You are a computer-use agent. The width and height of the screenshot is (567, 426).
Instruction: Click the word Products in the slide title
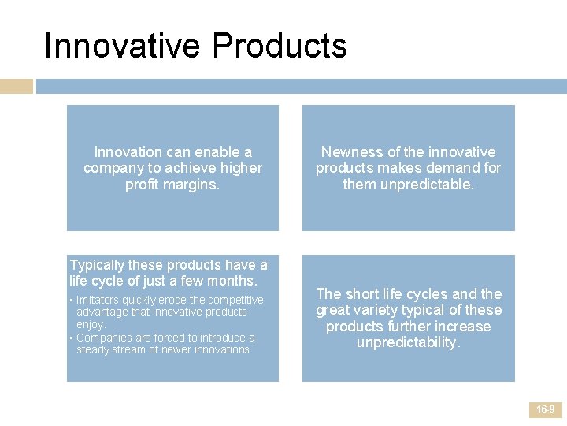pos(280,46)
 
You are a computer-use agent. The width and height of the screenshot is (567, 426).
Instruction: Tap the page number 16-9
pos(545,409)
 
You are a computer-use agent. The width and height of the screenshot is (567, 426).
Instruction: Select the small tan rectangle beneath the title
pos(17,86)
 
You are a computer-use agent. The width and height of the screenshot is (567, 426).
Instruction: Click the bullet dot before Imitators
pos(72,301)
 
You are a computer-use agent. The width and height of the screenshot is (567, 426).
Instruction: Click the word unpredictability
pos(408,342)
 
